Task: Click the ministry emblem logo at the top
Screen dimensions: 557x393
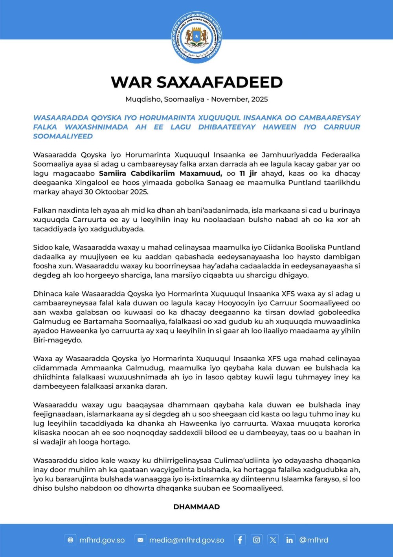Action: pos(196,37)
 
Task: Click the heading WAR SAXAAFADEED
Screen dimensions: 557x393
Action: pos(196,82)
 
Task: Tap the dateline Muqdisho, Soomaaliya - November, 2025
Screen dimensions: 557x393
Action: pos(196,99)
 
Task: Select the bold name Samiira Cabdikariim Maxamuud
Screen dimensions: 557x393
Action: pos(160,174)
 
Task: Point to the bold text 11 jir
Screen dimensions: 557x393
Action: pos(248,174)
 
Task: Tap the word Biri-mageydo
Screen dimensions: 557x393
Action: pos(57,340)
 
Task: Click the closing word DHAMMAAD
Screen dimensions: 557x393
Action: pos(196,507)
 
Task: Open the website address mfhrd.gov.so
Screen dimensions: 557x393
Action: pos(102,540)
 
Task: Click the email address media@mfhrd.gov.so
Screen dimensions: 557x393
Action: pos(187,540)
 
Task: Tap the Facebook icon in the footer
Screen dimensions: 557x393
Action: pos(240,540)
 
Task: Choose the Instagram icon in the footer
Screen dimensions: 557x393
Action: pos(256,540)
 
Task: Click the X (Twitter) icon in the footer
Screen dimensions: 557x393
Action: pos(273,540)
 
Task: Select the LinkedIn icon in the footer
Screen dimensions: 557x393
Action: pos(289,540)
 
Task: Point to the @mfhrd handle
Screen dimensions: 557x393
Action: pos(314,540)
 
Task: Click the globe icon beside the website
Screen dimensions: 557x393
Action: pos(70,540)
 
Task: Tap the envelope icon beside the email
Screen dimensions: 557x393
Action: pos(140,540)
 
